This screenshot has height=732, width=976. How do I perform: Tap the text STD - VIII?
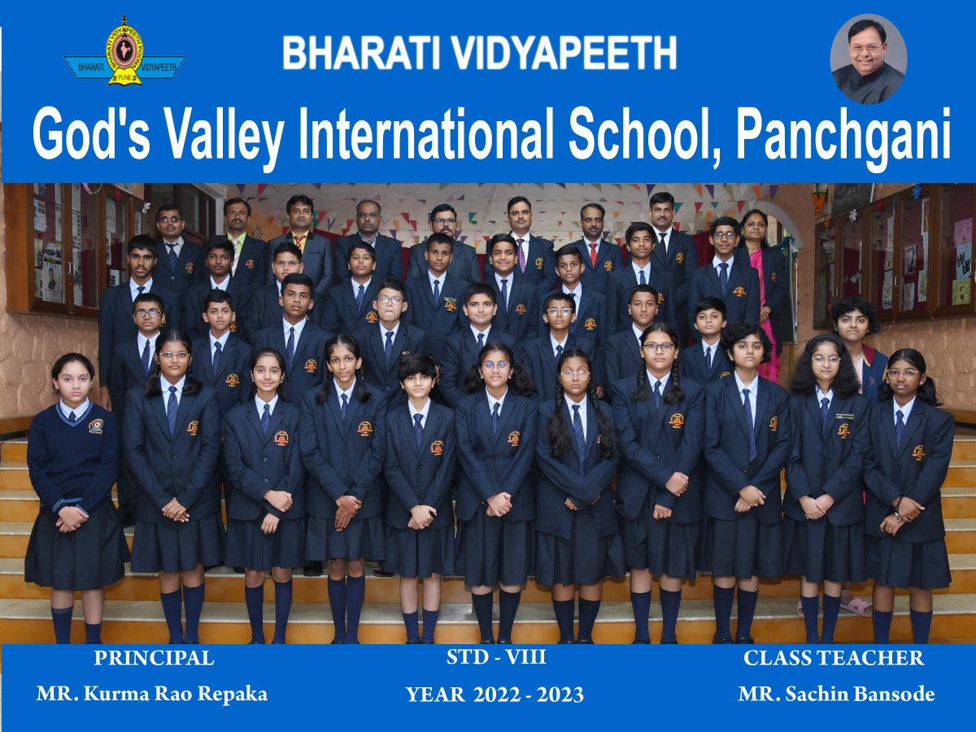click(x=496, y=657)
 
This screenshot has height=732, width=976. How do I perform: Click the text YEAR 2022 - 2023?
click(x=495, y=695)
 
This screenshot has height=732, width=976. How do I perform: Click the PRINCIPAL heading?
click(x=154, y=658)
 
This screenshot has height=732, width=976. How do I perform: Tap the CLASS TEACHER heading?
click(x=834, y=658)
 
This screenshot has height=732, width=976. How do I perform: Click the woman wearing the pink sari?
click(x=761, y=285)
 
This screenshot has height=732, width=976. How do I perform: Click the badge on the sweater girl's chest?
click(x=95, y=426)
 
